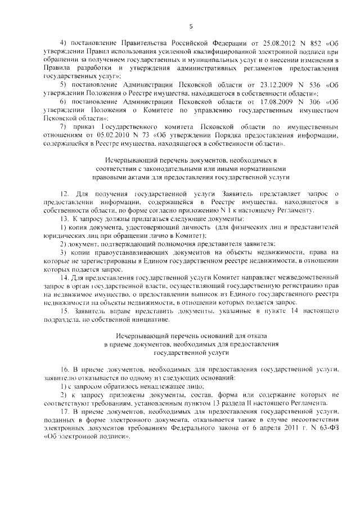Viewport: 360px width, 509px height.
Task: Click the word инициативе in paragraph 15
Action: tap(149, 319)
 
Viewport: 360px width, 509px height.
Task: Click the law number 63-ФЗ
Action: tap(328, 429)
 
